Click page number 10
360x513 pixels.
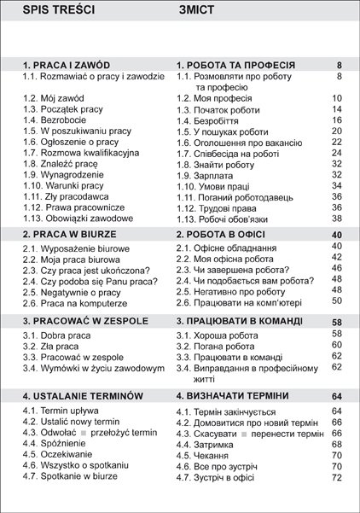point(336,98)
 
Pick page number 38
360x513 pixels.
point(336,218)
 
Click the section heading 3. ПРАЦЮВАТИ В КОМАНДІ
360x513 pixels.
point(240,321)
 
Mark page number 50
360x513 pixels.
point(336,300)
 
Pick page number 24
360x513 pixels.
point(336,153)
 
